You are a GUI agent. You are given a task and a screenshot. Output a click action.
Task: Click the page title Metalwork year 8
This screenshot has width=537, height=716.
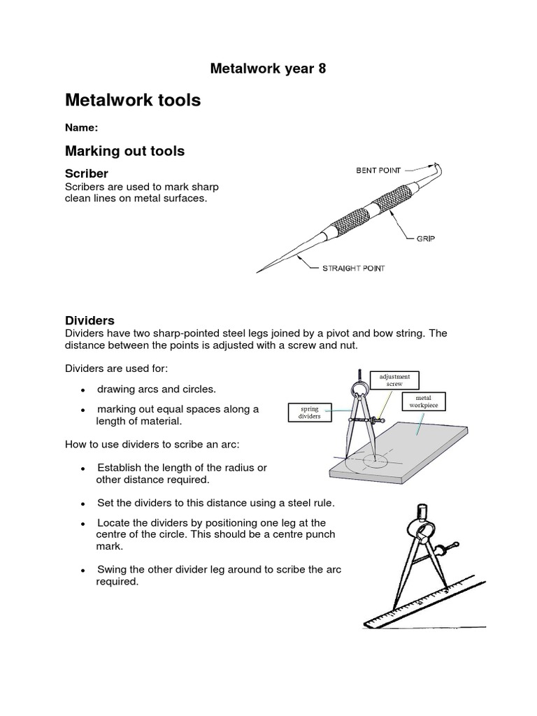click(268, 69)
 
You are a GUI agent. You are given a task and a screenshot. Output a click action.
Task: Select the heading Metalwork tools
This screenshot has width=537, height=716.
click(133, 101)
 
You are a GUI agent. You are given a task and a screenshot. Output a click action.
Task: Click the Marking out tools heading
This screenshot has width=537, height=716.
click(124, 151)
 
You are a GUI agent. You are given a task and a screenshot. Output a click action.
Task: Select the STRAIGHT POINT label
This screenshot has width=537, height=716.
click(353, 268)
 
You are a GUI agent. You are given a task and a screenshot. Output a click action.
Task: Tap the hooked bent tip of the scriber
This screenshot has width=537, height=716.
click(438, 169)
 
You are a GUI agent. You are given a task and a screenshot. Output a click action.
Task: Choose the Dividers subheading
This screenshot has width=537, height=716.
click(89, 320)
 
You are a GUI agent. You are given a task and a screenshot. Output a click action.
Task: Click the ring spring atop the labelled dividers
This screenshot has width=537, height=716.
click(358, 389)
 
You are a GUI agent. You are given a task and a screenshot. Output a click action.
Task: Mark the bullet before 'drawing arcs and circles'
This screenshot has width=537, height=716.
click(83, 390)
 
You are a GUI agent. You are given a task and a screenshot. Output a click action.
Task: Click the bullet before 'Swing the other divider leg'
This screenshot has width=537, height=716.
click(83, 571)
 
